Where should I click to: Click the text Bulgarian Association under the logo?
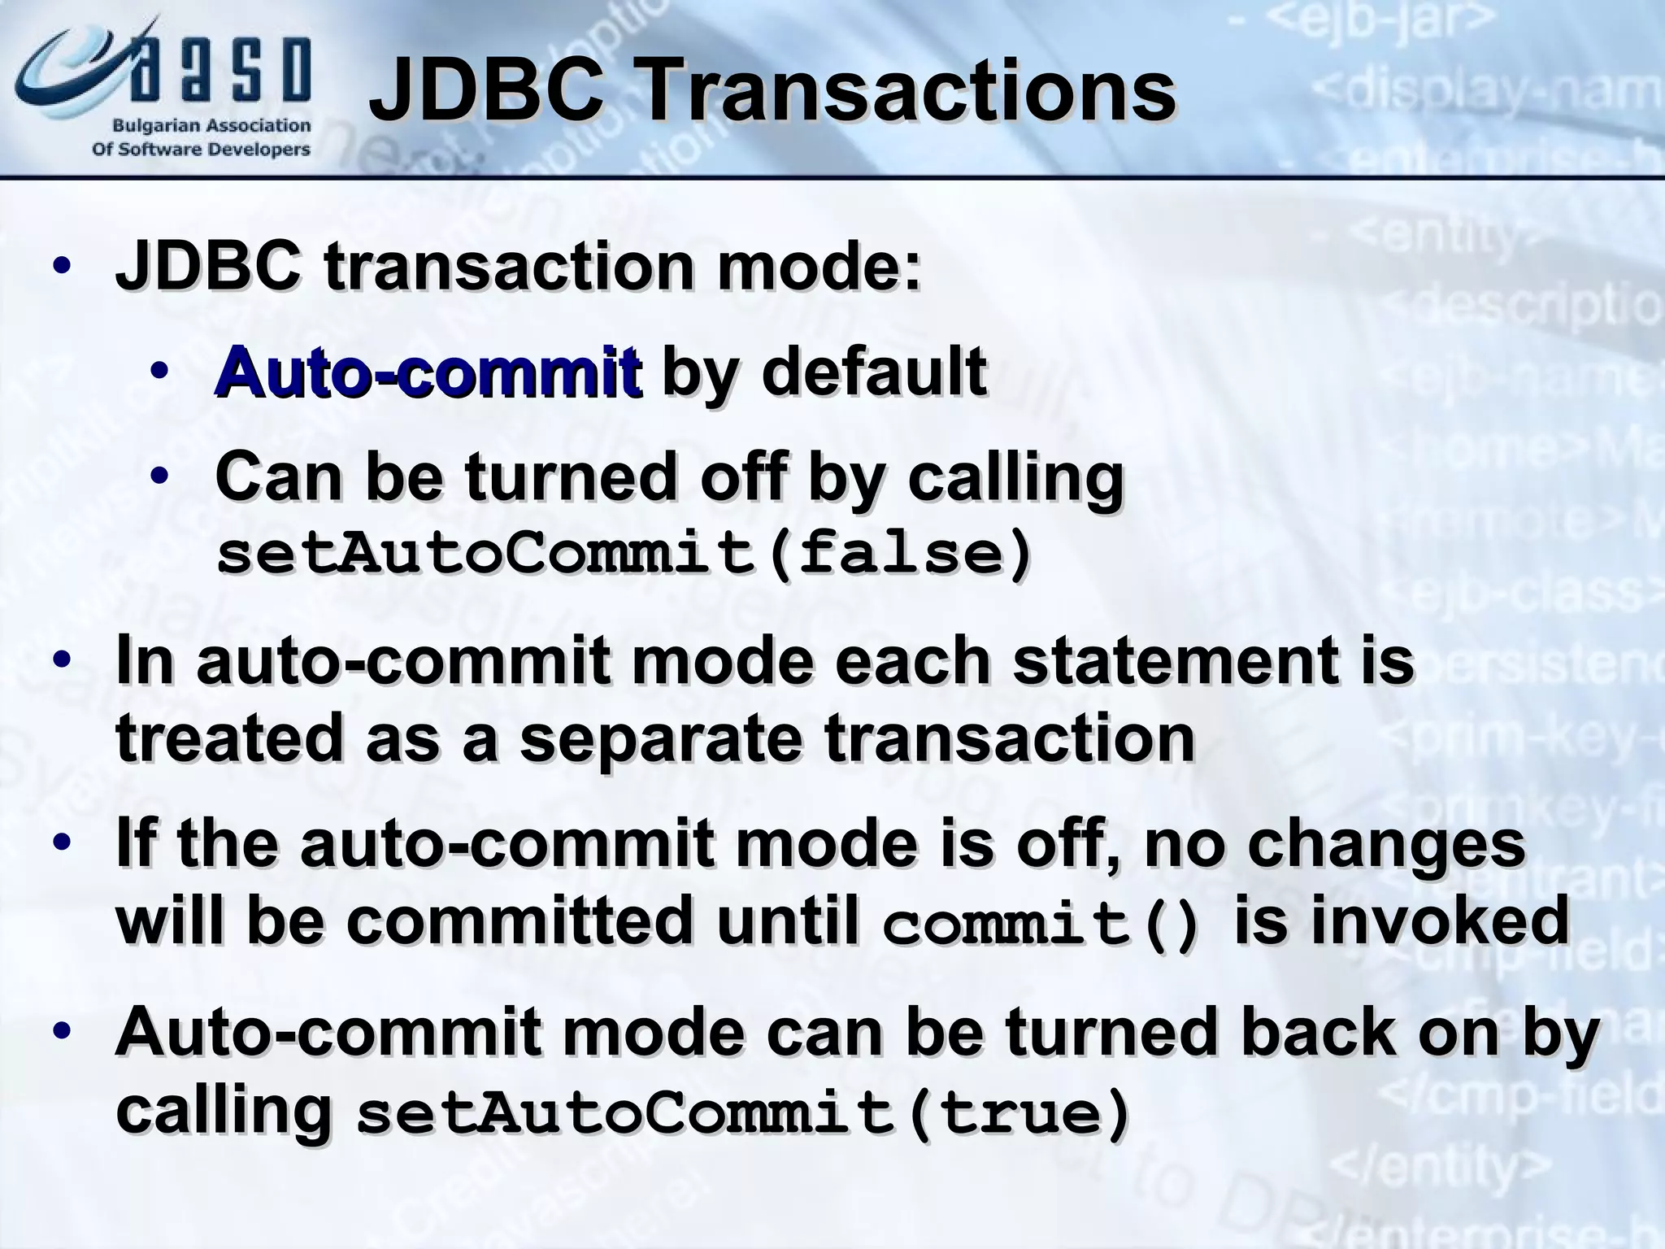[211, 126]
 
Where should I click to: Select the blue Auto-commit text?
[428, 372]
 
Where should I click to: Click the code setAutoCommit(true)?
[743, 1114]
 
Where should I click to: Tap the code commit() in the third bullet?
[1041, 925]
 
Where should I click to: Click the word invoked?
[1402, 920]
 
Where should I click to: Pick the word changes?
[1386, 844]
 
